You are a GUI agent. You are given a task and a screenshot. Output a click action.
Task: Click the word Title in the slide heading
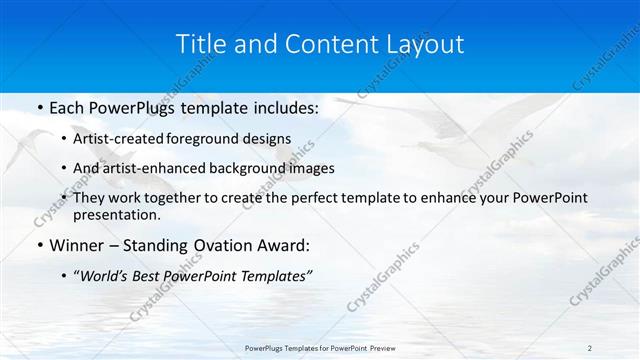pos(201,44)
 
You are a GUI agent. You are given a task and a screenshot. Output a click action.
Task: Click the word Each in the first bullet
pos(67,106)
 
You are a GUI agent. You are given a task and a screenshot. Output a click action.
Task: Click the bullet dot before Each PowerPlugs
pos(39,107)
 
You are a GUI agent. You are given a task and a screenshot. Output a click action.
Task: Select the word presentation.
pos(116,214)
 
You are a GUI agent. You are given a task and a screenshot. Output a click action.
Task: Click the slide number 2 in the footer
pos(589,347)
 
